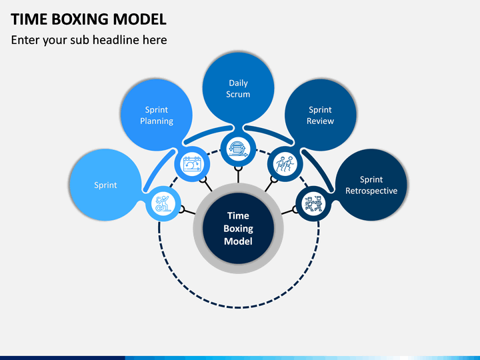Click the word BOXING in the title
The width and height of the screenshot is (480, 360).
[x=80, y=19]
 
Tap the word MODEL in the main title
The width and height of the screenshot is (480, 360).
[x=139, y=19]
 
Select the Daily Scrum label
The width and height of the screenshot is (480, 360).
[x=238, y=89]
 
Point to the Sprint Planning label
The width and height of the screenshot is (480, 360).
[x=157, y=115]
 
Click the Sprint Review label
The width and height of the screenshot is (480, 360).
[x=320, y=115]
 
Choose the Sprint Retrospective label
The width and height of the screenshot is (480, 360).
[x=371, y=185]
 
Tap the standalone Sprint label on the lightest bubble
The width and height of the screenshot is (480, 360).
[x=105, y=185]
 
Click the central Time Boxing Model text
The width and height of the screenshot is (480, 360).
[x=238, y=229]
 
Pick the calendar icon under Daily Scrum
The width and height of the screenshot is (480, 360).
[x=238, y=149]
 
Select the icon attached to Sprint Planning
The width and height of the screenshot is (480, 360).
[x=192, y=164]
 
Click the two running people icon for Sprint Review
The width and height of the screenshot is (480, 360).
[x=285, y=164]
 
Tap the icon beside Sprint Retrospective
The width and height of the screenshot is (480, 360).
[x=313, y=203]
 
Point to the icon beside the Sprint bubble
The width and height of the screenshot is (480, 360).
[x=163, y=203]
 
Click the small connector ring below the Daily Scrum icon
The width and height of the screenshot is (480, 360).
[x=238, y=168]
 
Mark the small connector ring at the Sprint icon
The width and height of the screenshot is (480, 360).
[x=181, y=210]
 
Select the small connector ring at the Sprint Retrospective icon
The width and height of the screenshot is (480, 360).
[x=295, y=210]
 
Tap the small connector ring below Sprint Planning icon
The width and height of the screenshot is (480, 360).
[x=203, y=179]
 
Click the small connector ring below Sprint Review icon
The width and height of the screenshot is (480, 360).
[x=274, y=179]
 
